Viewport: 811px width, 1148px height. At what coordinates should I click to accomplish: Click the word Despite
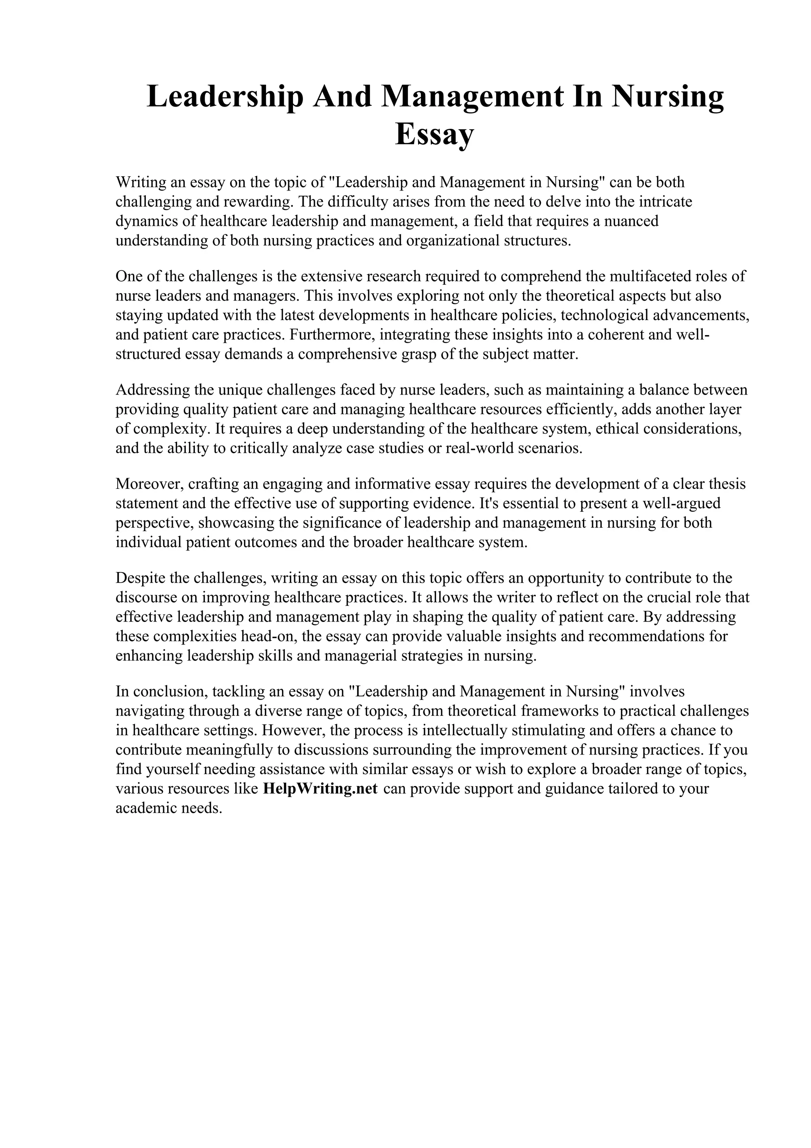pos(141,578)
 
